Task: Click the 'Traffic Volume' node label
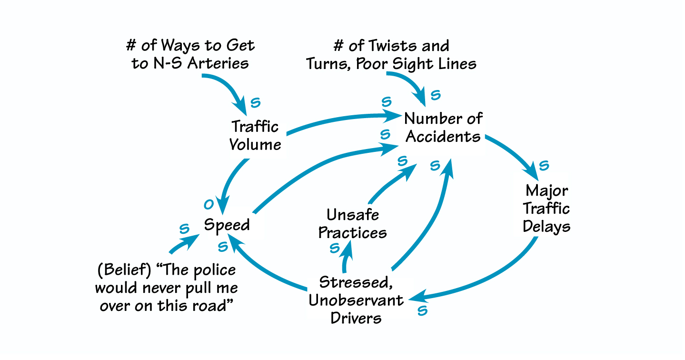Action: [255, 135]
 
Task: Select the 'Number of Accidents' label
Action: [443, 128]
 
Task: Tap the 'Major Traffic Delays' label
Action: [546, 209]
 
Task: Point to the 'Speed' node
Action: [227, 225]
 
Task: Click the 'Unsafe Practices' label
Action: [352, 224]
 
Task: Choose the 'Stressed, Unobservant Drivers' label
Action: [356, 300]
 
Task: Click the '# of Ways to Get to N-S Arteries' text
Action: [190, 55]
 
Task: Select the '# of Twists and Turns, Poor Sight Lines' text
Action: [391, 55]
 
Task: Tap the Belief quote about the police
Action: [167, 288]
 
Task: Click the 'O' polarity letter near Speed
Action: [208, 205]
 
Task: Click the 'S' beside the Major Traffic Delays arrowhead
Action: [544, 166]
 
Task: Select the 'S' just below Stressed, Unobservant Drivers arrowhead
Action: [422, 311]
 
